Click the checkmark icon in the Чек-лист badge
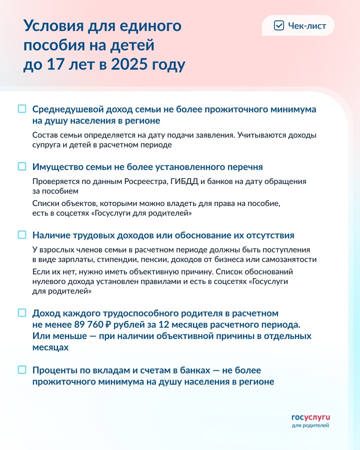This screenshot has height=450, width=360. click(x=279, y=25)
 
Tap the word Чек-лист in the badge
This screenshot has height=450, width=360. click(x=307, y=26)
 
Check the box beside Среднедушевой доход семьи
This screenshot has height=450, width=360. click(x=22, y=108)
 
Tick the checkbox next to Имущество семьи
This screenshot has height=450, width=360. click(x=22, y=166)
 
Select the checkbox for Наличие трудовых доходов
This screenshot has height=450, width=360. click(x=22, y=234)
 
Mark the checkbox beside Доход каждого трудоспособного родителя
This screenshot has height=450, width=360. click(x=22, y=312)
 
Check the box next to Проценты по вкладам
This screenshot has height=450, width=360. click(x=22, y=370)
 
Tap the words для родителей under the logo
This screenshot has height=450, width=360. click(x=310, y=425)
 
